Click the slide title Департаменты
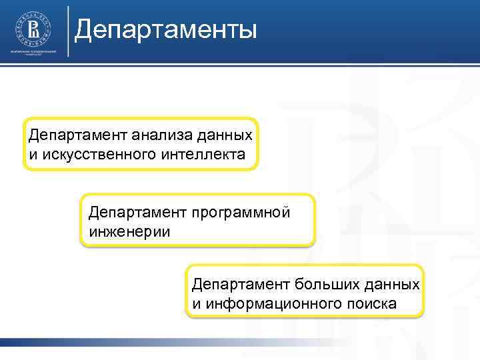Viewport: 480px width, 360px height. [x=165, y=30]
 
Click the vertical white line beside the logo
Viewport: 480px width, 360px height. [x=67, y=30]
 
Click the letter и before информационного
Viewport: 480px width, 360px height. [x=196, y=303]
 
